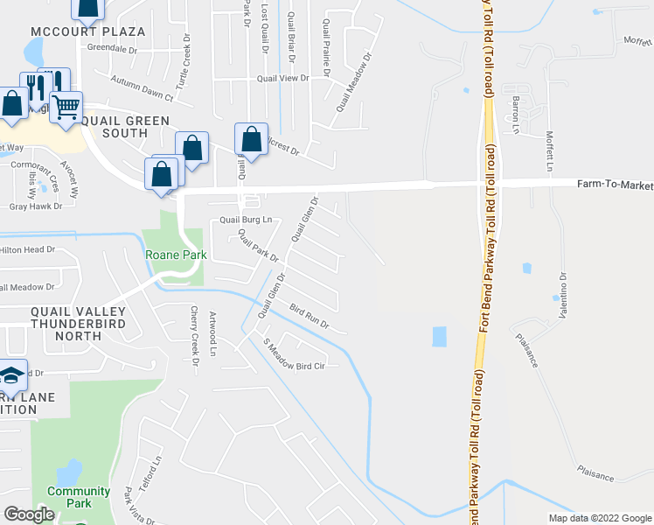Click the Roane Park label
(173, 255)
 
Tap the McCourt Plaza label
(87, 31)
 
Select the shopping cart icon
(66, 108)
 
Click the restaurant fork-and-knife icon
(36, 87)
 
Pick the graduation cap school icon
(11, 376)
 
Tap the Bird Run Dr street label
(309, 317)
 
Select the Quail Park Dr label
(259, 246)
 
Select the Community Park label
(79, 497)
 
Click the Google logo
(29, 514)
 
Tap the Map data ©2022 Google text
(599, 518)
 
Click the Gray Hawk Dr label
(36, 206)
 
